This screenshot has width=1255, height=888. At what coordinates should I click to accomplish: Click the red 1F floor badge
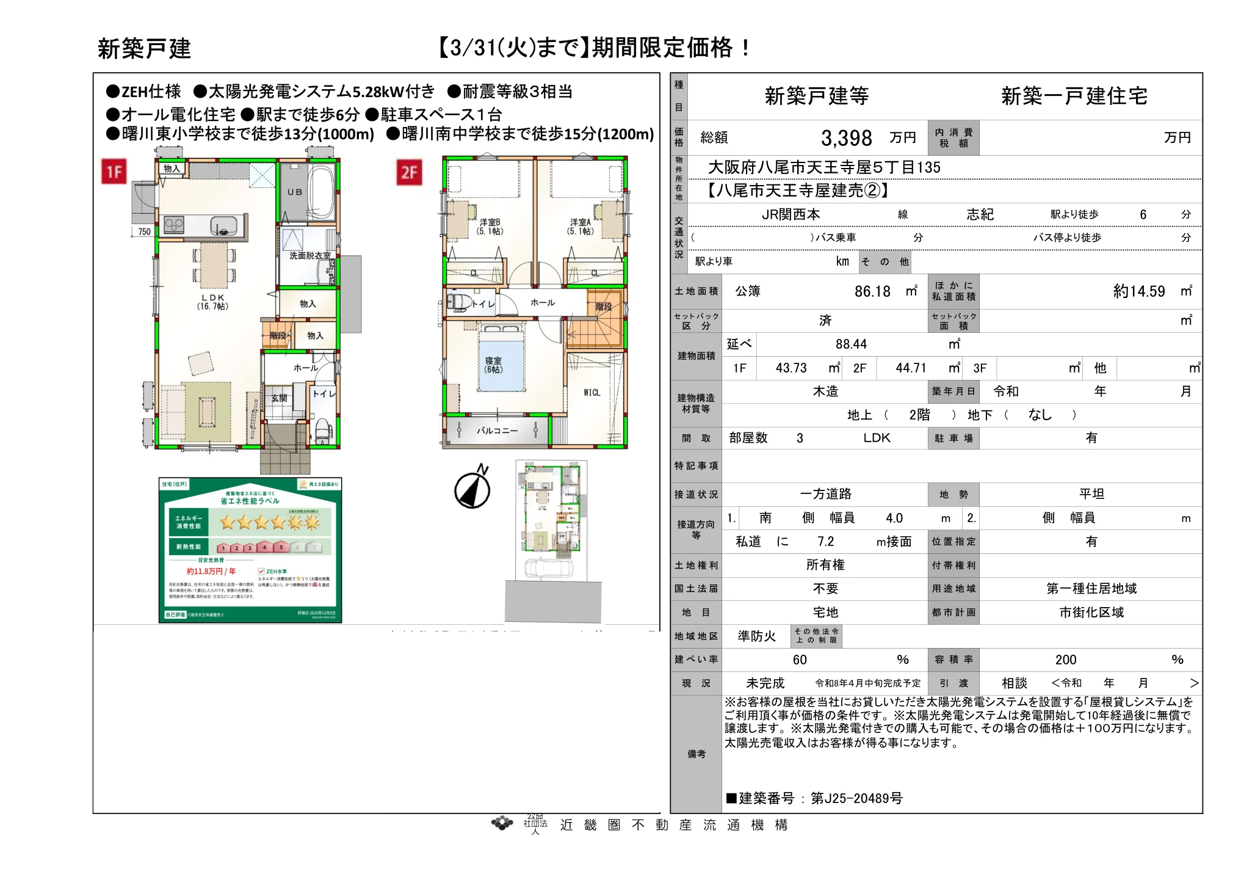click(114, 172)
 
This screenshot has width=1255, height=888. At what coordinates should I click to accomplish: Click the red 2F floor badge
click(410, 172)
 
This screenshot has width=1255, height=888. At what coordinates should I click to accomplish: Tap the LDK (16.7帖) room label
click(212, 302)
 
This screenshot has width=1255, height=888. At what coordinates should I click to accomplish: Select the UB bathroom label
click(295, 192)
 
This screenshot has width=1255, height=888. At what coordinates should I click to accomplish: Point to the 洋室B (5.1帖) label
click(490, 227)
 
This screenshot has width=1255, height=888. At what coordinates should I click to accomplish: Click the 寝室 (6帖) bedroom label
click(493, 365)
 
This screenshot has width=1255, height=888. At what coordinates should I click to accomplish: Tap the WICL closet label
click(591, 393)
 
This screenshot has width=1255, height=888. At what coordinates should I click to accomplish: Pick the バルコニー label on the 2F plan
click(497, 431)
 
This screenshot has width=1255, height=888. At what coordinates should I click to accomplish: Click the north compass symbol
click(473, 488)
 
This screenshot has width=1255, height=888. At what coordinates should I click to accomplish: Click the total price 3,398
click(846, 138)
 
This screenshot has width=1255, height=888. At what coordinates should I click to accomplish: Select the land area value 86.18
click(872, 292)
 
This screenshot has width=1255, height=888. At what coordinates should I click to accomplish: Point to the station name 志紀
click(980, 214)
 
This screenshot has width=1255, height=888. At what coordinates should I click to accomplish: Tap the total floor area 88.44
click(851, 344)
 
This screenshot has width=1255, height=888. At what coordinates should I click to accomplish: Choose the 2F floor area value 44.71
click(911, 368)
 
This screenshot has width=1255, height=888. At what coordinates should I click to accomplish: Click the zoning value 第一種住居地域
click(1091, 589)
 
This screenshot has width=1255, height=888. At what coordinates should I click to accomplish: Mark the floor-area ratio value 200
click(1066, 660)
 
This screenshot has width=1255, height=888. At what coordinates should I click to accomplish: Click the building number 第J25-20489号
click(856, 798)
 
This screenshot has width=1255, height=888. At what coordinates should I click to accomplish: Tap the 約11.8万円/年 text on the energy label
click(211, 572)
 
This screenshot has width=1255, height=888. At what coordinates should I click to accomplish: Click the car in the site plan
click(549, 568)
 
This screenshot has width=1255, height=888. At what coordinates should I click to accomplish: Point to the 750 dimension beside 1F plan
click(144, 231)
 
